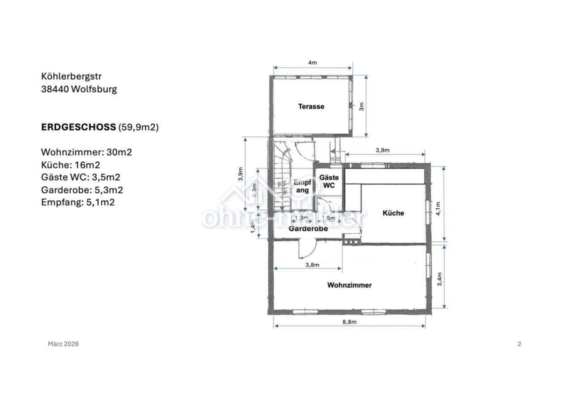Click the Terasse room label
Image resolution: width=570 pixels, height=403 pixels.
tap(311, 107)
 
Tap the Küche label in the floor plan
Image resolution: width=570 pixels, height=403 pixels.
tap(393, 213)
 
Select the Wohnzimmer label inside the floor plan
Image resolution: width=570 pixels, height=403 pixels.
tap(349, 285)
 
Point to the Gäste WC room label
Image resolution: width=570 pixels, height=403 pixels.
tap(329, 181)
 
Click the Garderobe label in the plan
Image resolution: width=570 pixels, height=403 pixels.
tap(308, 228)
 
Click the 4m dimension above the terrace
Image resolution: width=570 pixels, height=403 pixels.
tap(312, 63)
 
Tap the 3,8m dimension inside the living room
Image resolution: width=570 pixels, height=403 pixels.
tap(312, 265)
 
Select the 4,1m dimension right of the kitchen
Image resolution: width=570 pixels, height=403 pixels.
tap(438, 208)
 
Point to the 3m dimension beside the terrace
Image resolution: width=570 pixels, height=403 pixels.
tap(362, 107)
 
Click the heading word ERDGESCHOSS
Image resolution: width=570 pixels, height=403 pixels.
tap(78, 127)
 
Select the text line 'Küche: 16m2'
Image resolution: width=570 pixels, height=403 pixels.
tap(70, 165)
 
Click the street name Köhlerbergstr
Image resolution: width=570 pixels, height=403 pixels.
tap(74, 77)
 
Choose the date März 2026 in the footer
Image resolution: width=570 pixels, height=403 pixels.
tap(63, 344)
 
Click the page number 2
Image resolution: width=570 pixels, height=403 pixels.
tap(519, 344)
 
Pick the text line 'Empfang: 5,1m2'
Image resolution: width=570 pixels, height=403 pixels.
tap(77, 202)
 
